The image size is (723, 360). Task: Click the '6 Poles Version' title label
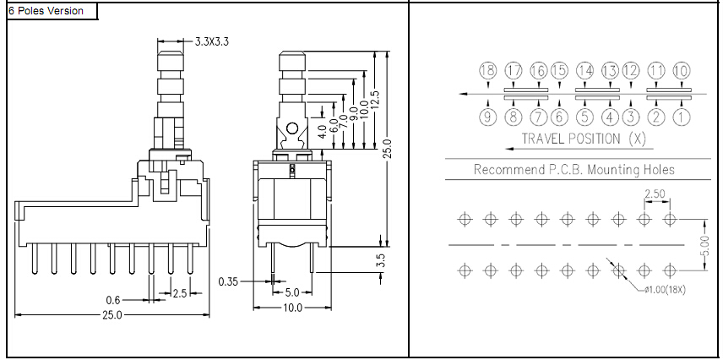click(46, 11)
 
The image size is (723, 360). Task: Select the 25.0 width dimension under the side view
click(112, 315)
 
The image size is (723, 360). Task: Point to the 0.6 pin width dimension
click(113, 301)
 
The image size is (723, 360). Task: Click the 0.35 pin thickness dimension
click(229, 281)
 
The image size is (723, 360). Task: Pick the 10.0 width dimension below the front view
click(292, 308)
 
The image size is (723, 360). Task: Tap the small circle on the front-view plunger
click(292, 128)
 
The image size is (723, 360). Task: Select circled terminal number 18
click(488, 71)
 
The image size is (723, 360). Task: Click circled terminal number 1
click(681, 117)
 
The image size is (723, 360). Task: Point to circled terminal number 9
click(488, 117)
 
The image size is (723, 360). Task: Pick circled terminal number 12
click(631, 71)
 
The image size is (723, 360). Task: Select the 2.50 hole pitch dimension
click(655, 194)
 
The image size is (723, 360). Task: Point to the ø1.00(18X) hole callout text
click(665, 291)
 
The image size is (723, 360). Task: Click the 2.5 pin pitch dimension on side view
click(179, 293)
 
